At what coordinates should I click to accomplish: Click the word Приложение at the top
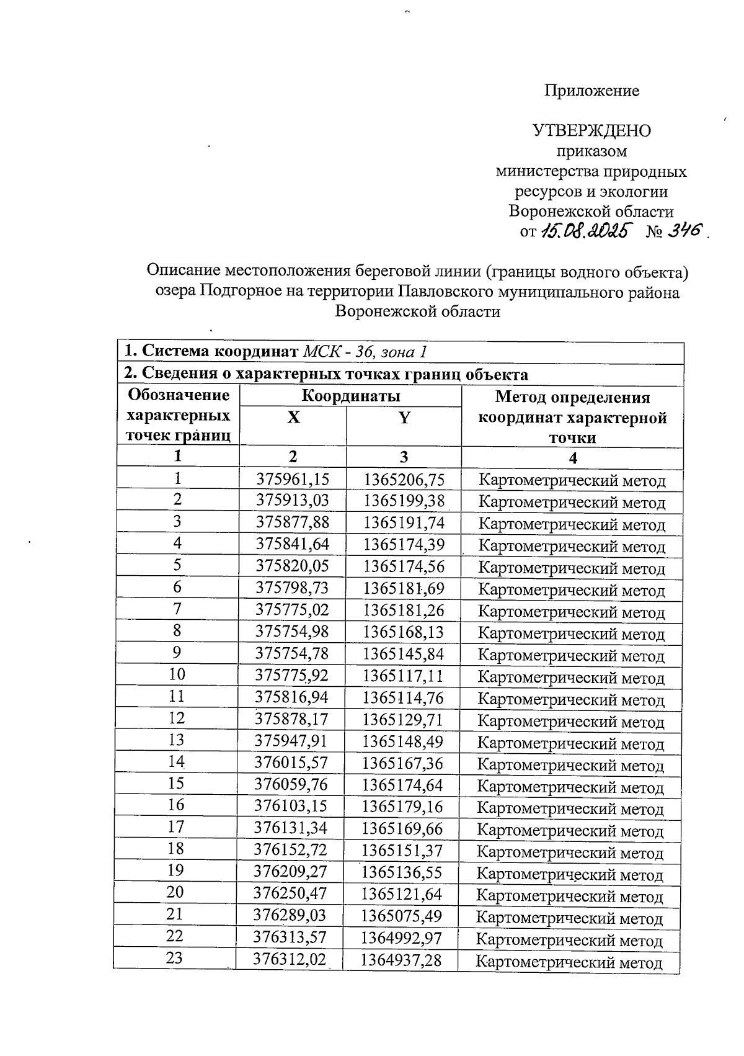(x=591, y=91)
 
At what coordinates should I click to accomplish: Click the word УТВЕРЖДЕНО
(x=591, y=131)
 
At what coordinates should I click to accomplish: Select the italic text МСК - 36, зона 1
(x=365, y=352)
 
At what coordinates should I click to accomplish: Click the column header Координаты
(x=350, y=396)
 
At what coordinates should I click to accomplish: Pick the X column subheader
(x=293, y=418)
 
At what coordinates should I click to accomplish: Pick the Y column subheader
(x=404, y=418)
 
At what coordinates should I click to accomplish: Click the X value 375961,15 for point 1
(x=293, y=480)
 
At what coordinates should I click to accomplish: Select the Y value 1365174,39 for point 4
(x=404, y=545)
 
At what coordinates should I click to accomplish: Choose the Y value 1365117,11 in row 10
(x=404, y=676)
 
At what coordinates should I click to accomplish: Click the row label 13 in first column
(x=177, y=740)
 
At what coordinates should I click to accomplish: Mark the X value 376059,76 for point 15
(x=291, y=785)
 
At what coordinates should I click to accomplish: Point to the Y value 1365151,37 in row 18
(x=402, y=851)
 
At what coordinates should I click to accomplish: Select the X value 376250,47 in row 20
(x=290, y=894)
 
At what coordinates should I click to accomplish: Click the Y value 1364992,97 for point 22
(x=402, y=938)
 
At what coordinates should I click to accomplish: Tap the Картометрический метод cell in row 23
(x=569, y=962)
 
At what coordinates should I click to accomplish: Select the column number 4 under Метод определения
(x=573, y=458)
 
